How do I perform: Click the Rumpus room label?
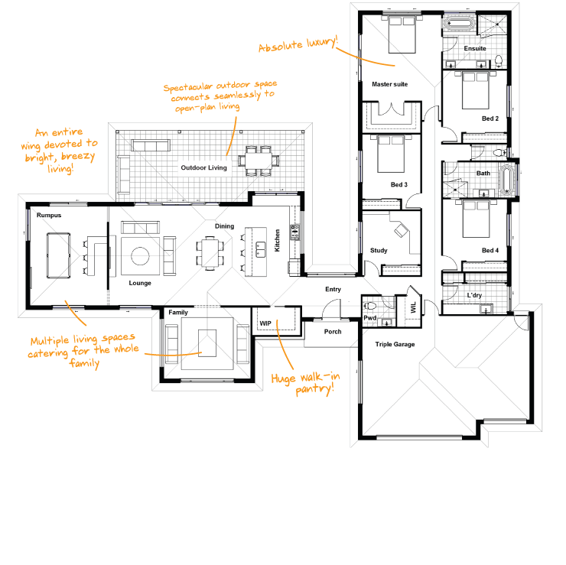coord(49,215)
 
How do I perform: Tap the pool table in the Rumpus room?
coord(58,255)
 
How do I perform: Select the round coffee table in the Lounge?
coord(140,256)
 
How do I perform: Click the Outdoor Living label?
coord(204,167)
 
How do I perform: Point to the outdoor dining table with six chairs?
coord(259,161)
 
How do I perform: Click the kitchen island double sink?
coord(260,249)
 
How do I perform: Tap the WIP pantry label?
coord(265,323)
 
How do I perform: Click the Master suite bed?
coord(402,34)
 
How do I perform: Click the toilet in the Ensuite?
coord(499,60)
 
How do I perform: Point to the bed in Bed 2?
coord(476,90)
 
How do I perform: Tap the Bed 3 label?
coord(398,185)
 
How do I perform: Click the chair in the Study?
coord(401,230)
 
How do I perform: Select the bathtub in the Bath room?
coord(506,179)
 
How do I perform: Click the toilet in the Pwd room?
coord(370,306)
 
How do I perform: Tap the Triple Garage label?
coord(395,344)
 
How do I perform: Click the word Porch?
coord(333,332)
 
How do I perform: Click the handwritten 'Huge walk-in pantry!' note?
coord(306,384)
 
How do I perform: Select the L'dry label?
coord(474,295)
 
